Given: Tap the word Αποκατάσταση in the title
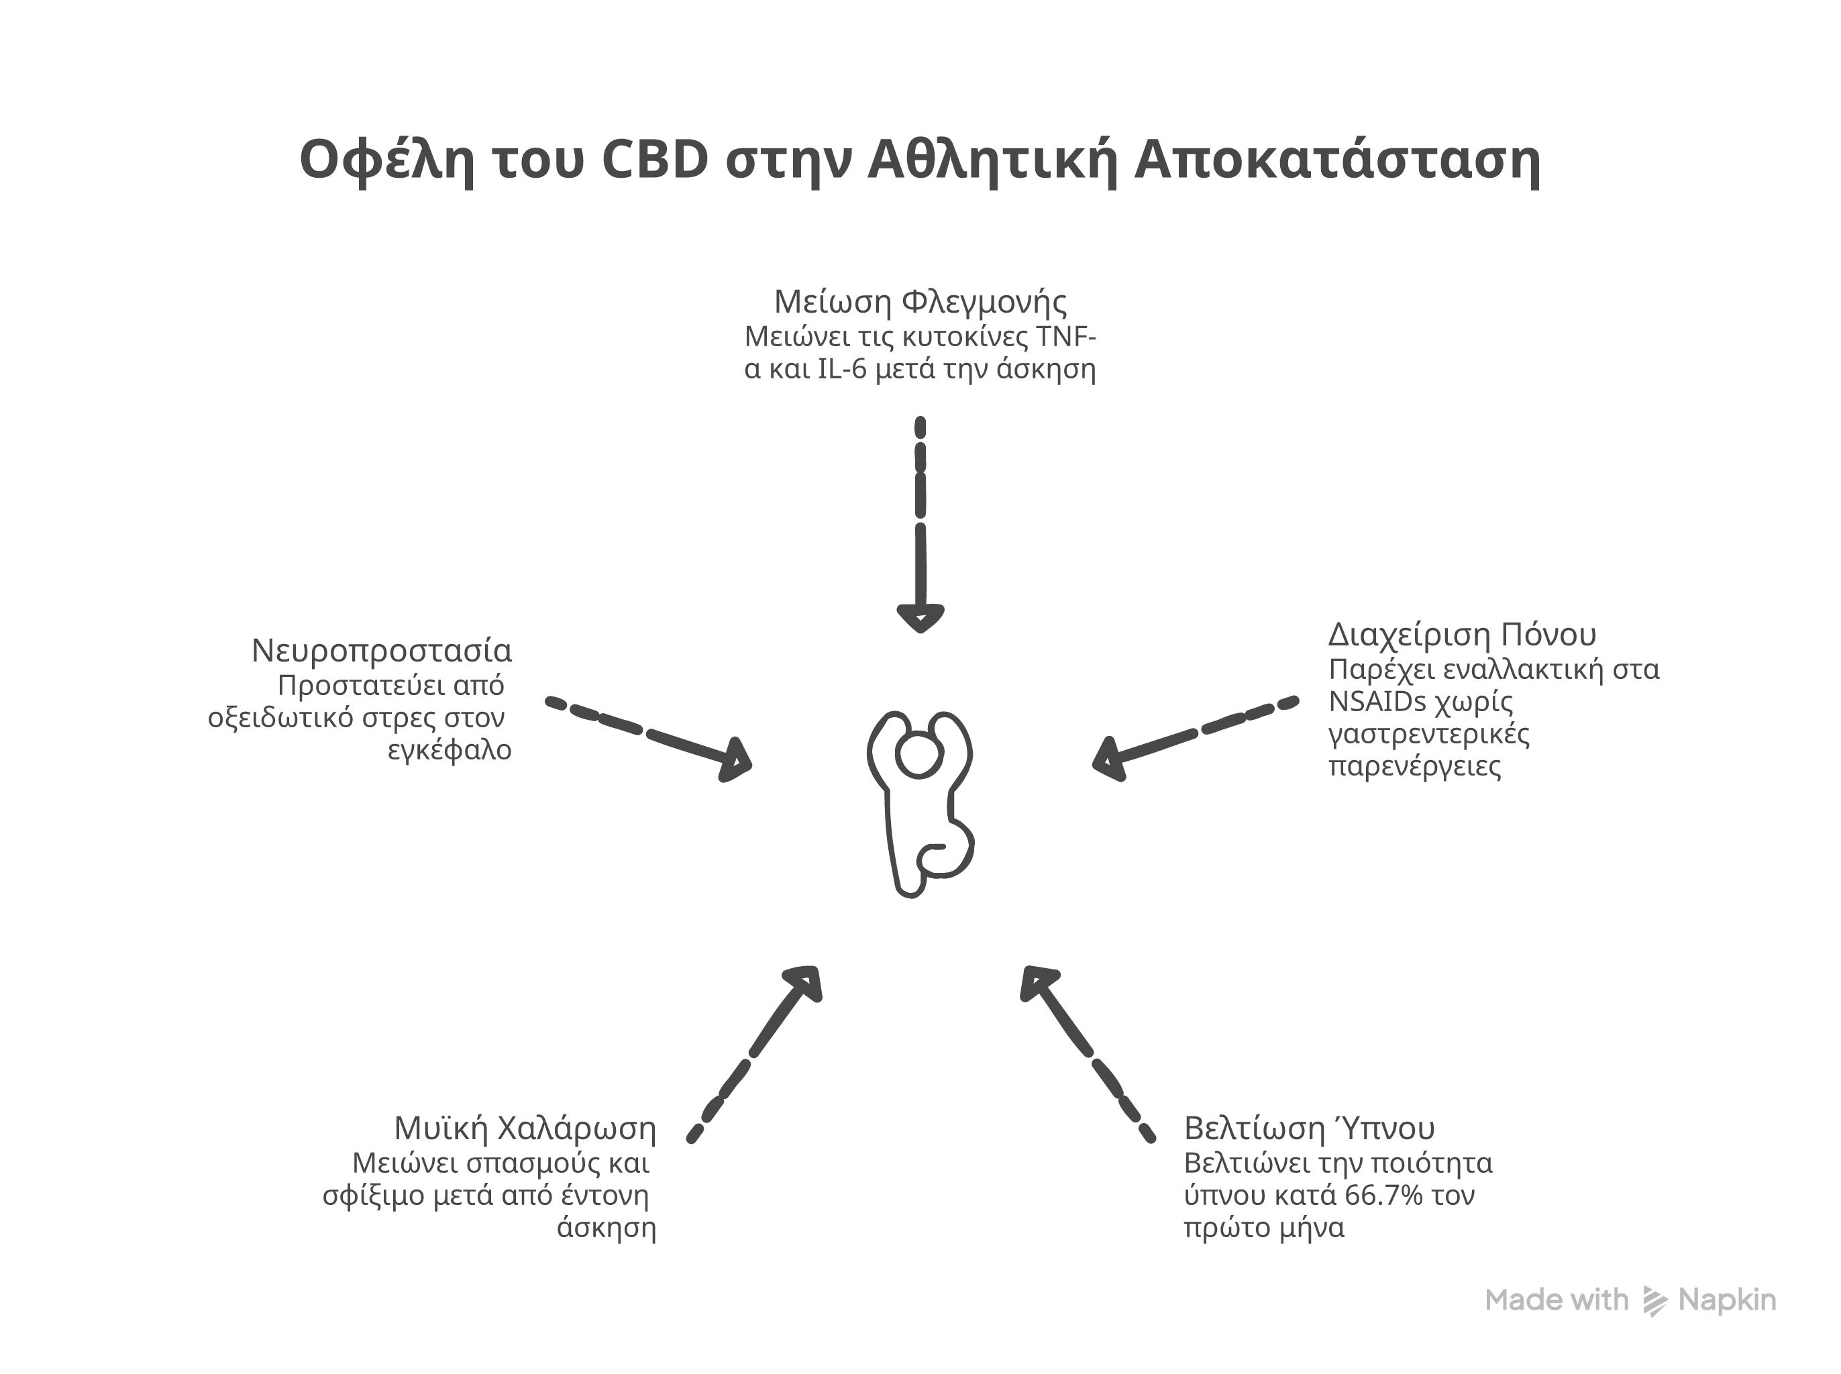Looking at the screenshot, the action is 1336,160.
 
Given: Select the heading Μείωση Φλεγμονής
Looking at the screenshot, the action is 920,301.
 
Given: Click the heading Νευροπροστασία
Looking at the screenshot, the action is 382,650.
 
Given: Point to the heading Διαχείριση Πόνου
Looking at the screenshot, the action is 1462,635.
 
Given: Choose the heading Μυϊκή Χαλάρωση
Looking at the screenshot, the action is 525,1128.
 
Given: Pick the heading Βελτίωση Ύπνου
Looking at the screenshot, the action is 1309,1128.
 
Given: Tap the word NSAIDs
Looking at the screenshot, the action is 1376,702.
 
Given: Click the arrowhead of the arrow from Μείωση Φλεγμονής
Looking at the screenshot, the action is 920,618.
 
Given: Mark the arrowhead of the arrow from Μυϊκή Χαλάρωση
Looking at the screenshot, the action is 806,982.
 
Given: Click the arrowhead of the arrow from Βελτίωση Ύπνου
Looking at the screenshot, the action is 1038,982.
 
